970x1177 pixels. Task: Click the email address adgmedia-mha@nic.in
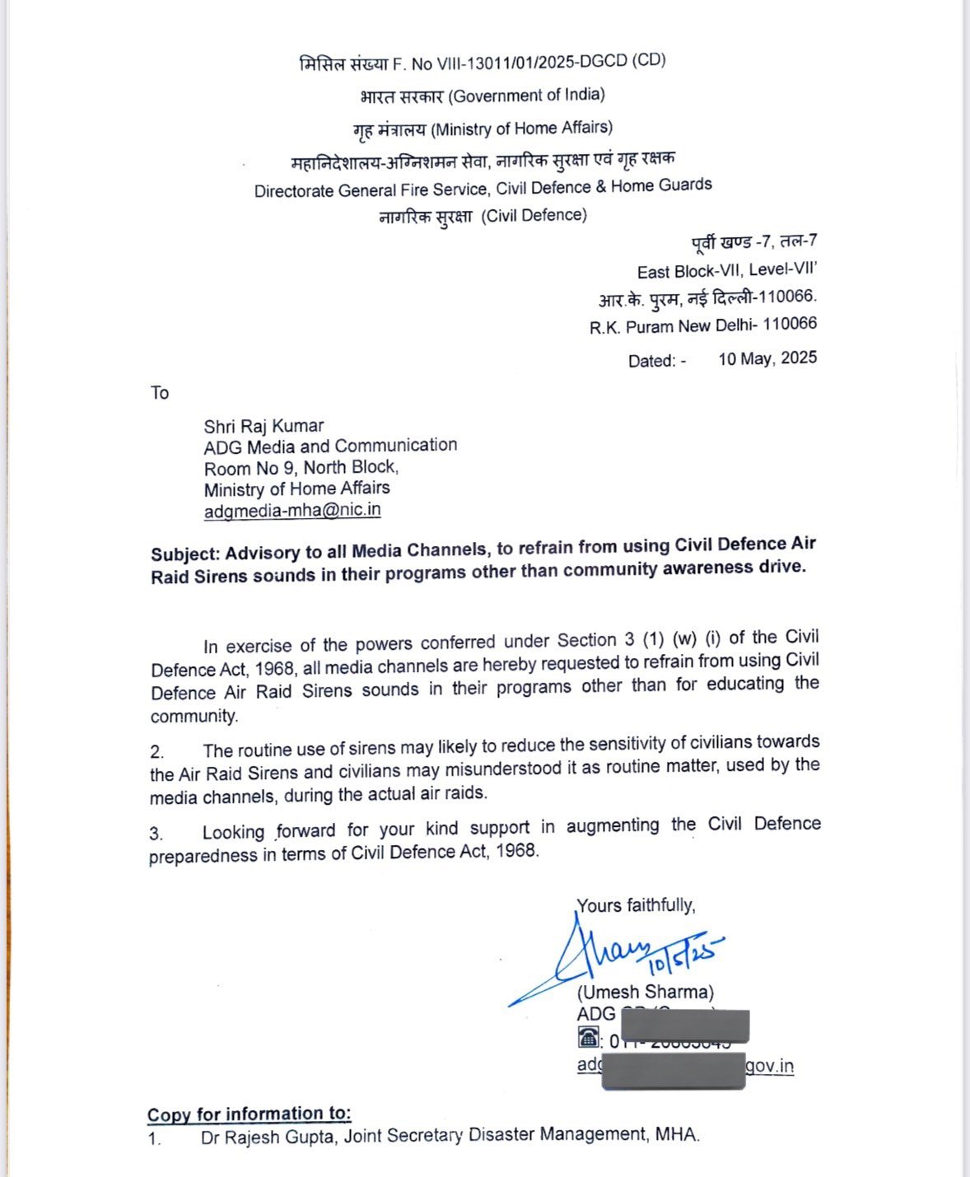pos(292,510)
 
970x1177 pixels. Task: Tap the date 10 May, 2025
pos(767,358)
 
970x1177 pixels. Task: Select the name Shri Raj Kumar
pos(263,426)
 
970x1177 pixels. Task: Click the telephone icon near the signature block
pos(588,1037)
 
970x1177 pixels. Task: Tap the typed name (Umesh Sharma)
pos(646,992)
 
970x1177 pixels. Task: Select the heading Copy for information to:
pos(249,1114)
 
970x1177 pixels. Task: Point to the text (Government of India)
pos(526,96)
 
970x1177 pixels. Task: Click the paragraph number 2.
pos(156,752)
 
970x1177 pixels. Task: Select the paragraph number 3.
pos(156,834)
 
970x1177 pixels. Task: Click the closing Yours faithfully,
pos(636,905)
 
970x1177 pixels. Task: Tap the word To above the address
pos(160,393)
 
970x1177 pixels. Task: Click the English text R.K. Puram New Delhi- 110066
pos(703,325)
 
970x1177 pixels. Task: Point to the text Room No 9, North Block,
pos(301,468)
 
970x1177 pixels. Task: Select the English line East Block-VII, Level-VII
pos(726,271)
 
